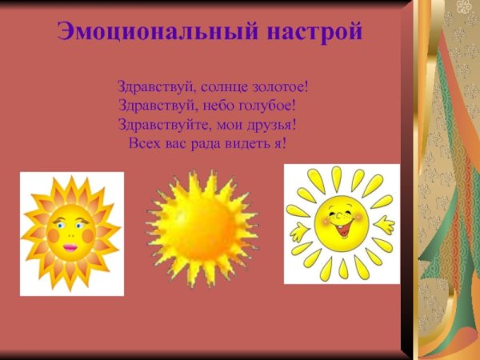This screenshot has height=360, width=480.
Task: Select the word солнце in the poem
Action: click(212, 86)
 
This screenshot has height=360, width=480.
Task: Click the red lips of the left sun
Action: click(70, 247)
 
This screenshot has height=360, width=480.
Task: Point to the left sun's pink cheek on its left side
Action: click(53, 236)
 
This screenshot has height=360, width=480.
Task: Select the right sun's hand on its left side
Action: click(299, 233)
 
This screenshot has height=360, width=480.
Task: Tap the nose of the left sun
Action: click(70, 234)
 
